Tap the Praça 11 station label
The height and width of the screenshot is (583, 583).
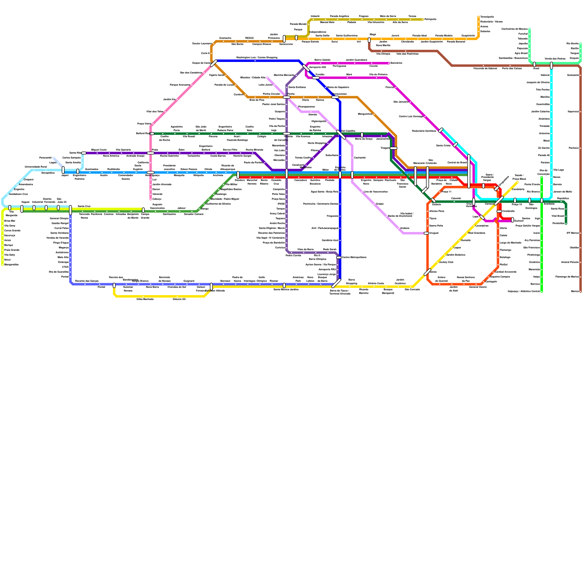446,192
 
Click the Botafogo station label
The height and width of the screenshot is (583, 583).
505,257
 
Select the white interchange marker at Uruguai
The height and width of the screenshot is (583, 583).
426,233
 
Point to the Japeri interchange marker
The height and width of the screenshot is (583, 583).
63,170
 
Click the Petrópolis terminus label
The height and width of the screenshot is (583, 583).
430,19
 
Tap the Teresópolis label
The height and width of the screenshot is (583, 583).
487,17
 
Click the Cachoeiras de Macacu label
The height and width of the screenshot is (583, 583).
514,29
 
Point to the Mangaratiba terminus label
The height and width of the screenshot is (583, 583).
11,265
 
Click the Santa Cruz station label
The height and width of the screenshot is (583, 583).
84,206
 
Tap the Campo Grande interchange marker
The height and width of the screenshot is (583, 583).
143,210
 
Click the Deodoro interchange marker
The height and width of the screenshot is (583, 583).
238,175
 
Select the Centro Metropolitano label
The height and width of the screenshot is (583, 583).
354,257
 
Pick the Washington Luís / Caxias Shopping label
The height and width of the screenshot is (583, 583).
257,58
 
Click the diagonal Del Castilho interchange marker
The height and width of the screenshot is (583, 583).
341,134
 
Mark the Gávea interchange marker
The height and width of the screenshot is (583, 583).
427,272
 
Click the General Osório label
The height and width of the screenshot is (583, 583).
478,287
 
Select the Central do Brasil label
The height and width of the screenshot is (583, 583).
457,163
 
